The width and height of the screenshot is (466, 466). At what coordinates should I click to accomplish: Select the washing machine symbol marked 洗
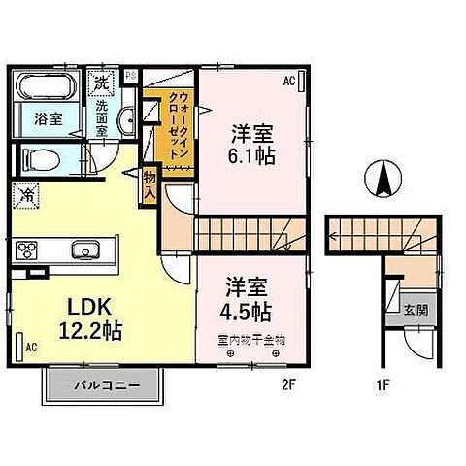pos(102,83)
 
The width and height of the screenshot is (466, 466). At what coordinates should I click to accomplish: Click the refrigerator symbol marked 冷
pos(27,194)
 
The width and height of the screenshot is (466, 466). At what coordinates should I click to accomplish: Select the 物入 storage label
pos(149,184)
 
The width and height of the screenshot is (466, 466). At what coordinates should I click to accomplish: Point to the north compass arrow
pos(383,179)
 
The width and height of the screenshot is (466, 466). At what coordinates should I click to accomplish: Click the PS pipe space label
pos(129,72)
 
